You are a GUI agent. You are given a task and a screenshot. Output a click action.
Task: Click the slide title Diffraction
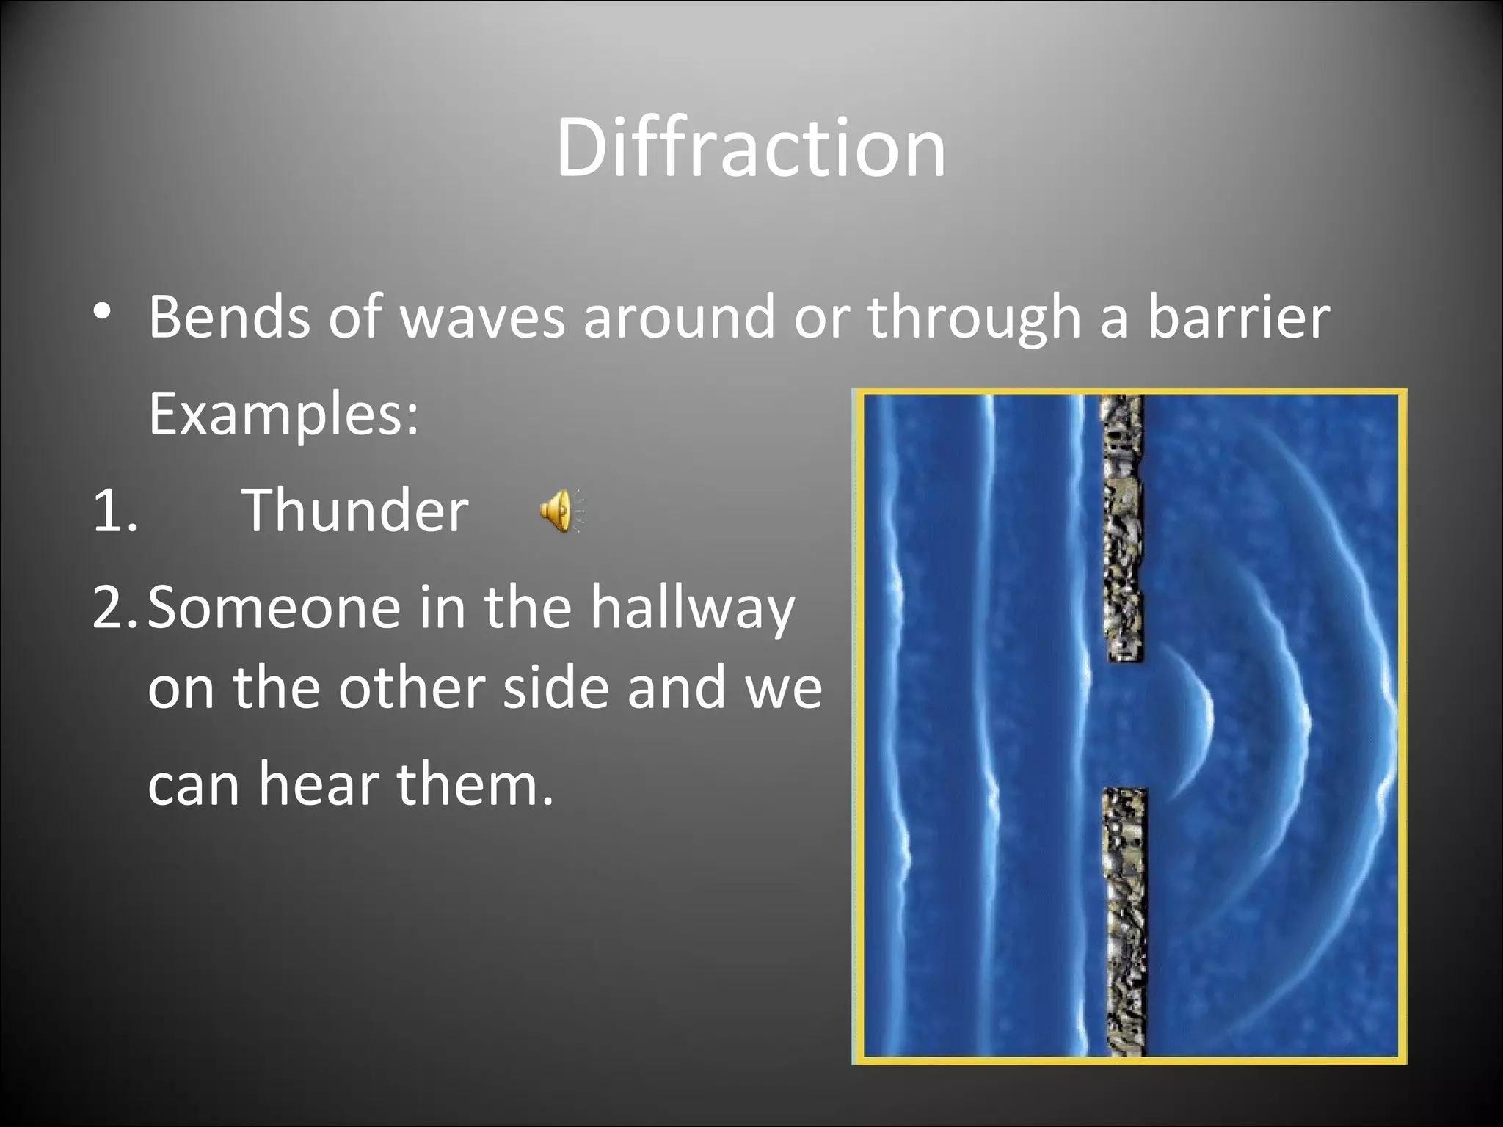coord(750,148)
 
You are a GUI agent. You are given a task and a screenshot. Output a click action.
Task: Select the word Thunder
coord(355,511)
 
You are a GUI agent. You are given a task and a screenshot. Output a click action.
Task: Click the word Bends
coord(230,317)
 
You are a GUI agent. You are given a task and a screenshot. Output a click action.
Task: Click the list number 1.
coord(115,511)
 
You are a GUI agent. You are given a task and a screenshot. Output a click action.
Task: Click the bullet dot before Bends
coord(102,311)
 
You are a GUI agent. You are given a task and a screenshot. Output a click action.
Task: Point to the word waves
coord(484,318)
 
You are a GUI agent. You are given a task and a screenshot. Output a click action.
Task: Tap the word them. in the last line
coord(475,784)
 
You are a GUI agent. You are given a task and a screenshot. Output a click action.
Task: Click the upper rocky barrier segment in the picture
coord(1123,528)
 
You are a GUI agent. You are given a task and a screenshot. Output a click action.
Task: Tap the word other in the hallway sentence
coord(413,688)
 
